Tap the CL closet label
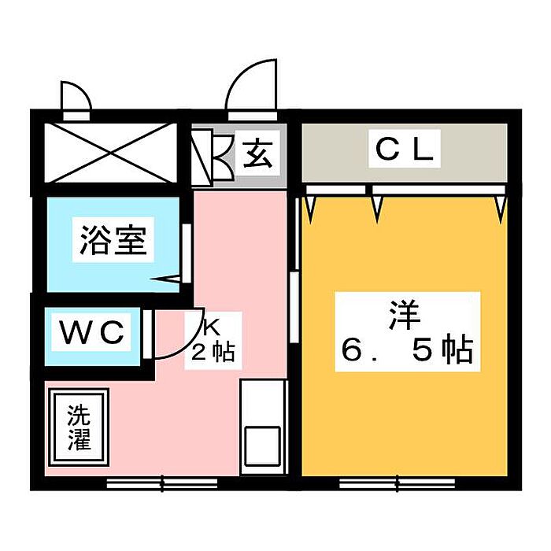click(x=403, y=150)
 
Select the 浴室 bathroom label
click(x=113, y=241)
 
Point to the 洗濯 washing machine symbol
click(x=79, y=427)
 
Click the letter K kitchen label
click(x=212, y=324)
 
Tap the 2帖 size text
click(x=212, y=352)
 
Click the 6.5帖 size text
click(x=406, y=350)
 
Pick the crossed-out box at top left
click(x=109, y=151)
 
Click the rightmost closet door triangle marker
click(x=499, y=206)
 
